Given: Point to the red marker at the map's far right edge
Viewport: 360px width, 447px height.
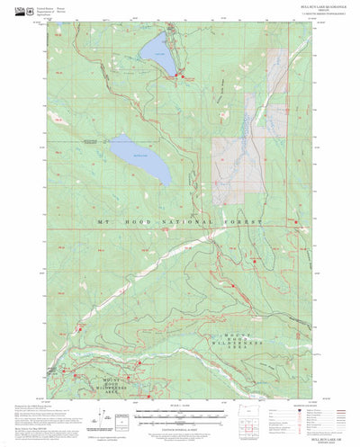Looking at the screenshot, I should pyautogui.click(x=297, y=221).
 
